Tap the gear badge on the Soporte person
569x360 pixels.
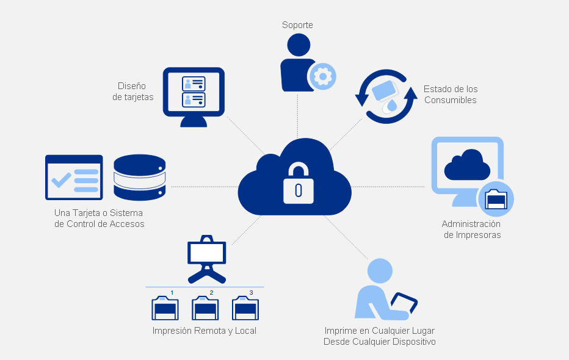pos(322,77)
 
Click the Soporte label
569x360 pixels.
pos(297,25)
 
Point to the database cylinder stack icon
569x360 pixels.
pos(140,177)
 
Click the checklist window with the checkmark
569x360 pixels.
pos(74,178)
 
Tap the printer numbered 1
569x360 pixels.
pos(165,308)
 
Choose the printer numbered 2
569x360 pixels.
pos(205,308)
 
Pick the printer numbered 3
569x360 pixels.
pos(245,308)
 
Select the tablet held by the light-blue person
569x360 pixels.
pos(404,303)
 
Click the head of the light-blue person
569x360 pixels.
pos(380,271)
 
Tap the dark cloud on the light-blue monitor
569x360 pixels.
pos(467,164)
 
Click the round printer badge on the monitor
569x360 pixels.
pos(495,200)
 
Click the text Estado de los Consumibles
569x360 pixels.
pos(451,95)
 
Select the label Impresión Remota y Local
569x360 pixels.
pos(205,331)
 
